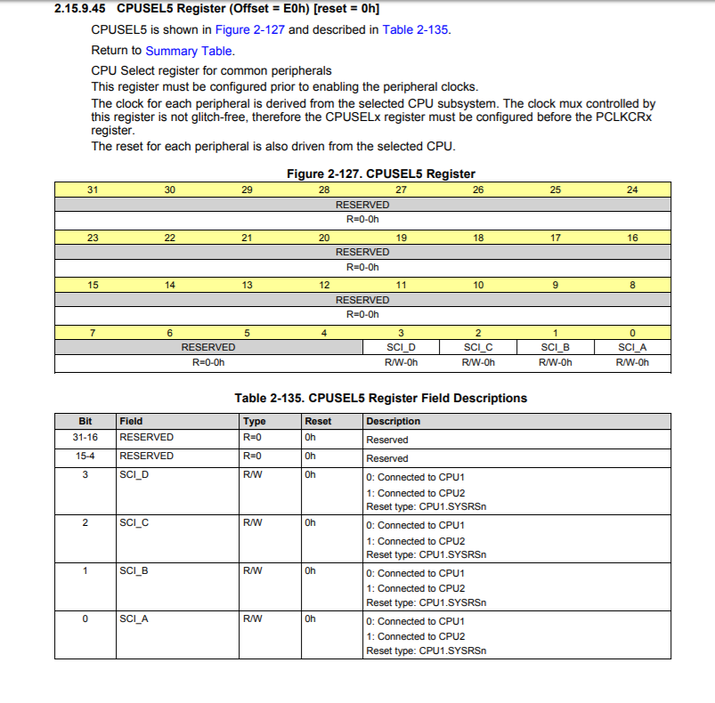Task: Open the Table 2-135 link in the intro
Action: pyautogui.click(x=415, y=29)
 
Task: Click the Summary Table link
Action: pyautogui.click(x=189, y=51)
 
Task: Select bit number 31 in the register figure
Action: pyautogui.click(x=93, y=190)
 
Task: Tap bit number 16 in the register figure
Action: pyautogui.click(x=632, y=238)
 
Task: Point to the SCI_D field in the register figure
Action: pyautogui.click(x=401, y=347)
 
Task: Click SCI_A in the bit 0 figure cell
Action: pyautogui.click(x=632, y=347)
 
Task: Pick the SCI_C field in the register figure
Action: pyautogui.click(x=478, y=347)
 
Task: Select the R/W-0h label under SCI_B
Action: pyautogui.click(x=556, y=363)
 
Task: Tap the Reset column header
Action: pyautogui.click(x=318, y=421)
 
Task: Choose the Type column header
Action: pyautogui.click(x=254, y=421)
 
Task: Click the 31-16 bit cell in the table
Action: pyautogui.click(x=85, y=437)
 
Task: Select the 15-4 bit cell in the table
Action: pyautogui.click(x=85, y=456)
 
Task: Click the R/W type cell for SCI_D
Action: pyautogui.click(x=253, y=474)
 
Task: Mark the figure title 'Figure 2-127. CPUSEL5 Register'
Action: pyautogui.click(x=380, y=174)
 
